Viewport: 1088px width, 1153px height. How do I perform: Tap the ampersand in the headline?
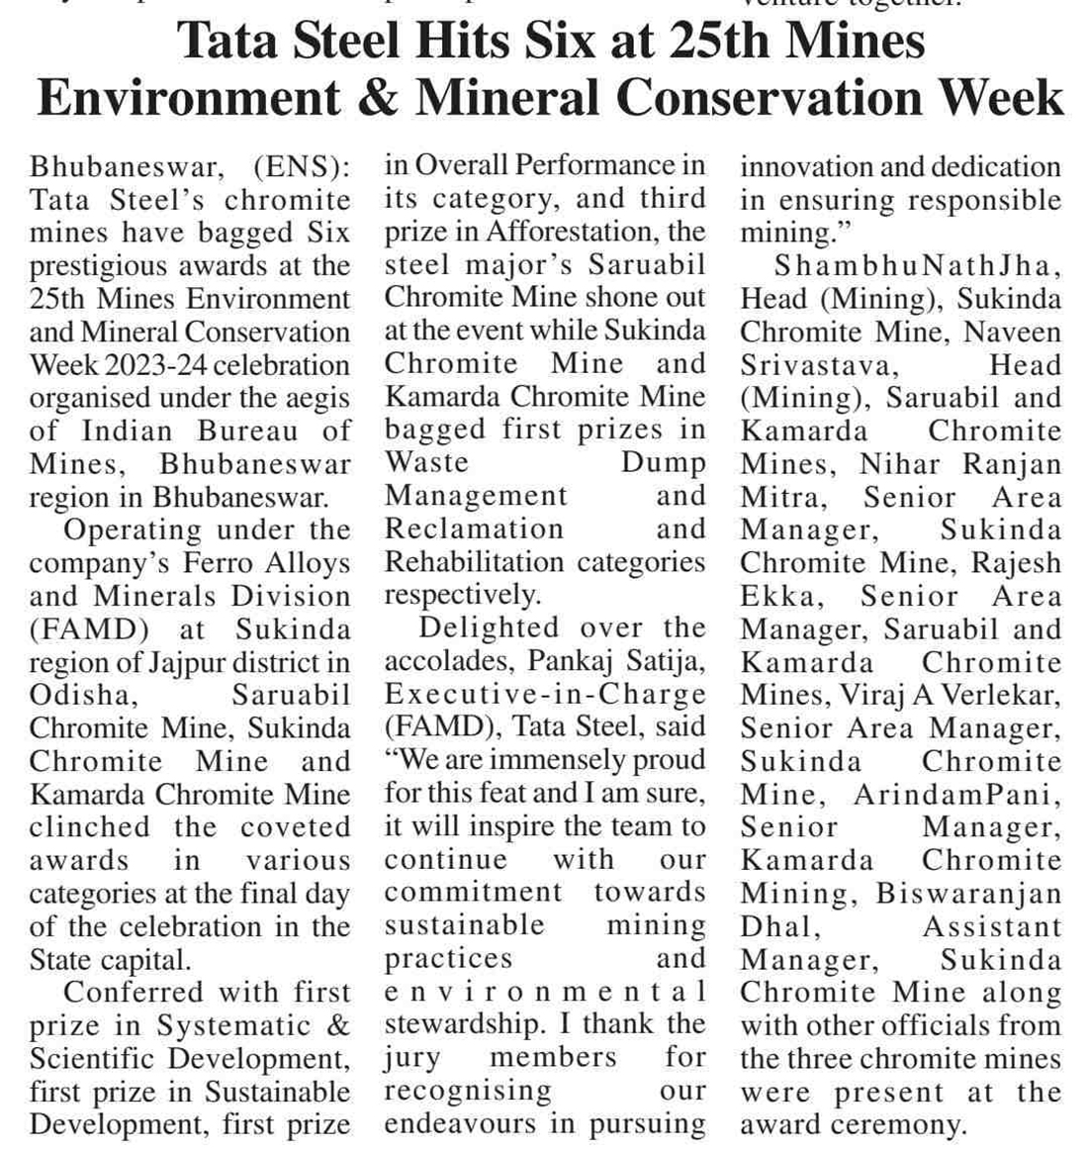coord(382,98)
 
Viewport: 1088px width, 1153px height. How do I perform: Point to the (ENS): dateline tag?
coord(302,167)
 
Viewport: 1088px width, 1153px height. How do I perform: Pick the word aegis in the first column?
coord(315,399)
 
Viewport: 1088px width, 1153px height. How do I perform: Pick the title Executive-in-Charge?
coord(545,695)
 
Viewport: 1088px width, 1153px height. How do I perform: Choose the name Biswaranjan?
coord(969,894)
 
